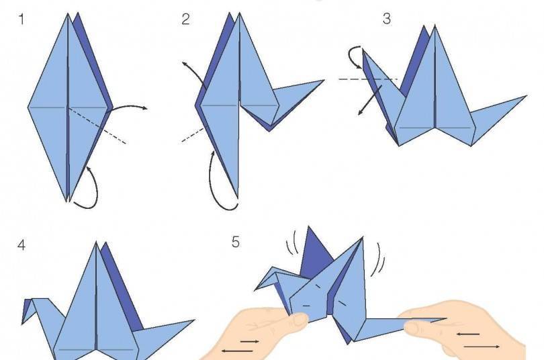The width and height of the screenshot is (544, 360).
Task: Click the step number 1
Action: tap(21, 19)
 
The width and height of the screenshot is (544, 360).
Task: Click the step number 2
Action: tap(185, 19)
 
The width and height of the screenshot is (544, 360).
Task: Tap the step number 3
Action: tap(386, 19)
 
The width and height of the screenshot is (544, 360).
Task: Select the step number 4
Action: tap(21, 245)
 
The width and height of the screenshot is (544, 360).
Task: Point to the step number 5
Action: tap(236, 242)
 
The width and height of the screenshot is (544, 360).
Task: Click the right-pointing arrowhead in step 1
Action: tap(144, 108)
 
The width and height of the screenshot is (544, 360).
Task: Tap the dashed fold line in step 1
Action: tap(97, 125)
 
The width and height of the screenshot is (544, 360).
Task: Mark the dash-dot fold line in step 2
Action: tap(193, 135)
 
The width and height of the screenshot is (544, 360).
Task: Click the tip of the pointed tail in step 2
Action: tap(324, 81)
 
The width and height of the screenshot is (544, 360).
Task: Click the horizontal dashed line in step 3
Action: tap(369, 79)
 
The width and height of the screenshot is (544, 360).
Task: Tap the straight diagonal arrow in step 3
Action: tap(370, 100)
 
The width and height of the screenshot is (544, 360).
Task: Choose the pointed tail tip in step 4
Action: tap(194, 320)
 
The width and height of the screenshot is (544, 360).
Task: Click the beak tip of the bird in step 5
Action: tap(255, 290)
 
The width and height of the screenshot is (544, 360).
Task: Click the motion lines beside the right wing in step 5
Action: tap(380, 259)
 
